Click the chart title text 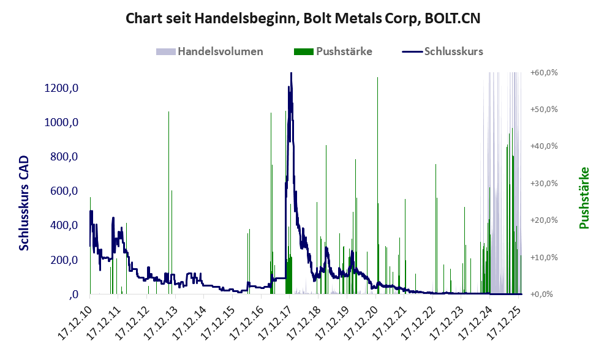pos(303,18)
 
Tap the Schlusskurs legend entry pos(443,51)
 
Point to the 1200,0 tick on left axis pos(61,88)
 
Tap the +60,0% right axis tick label pos(544,72)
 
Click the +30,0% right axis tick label pos(544,183)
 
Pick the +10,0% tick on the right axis pos(544,257)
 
